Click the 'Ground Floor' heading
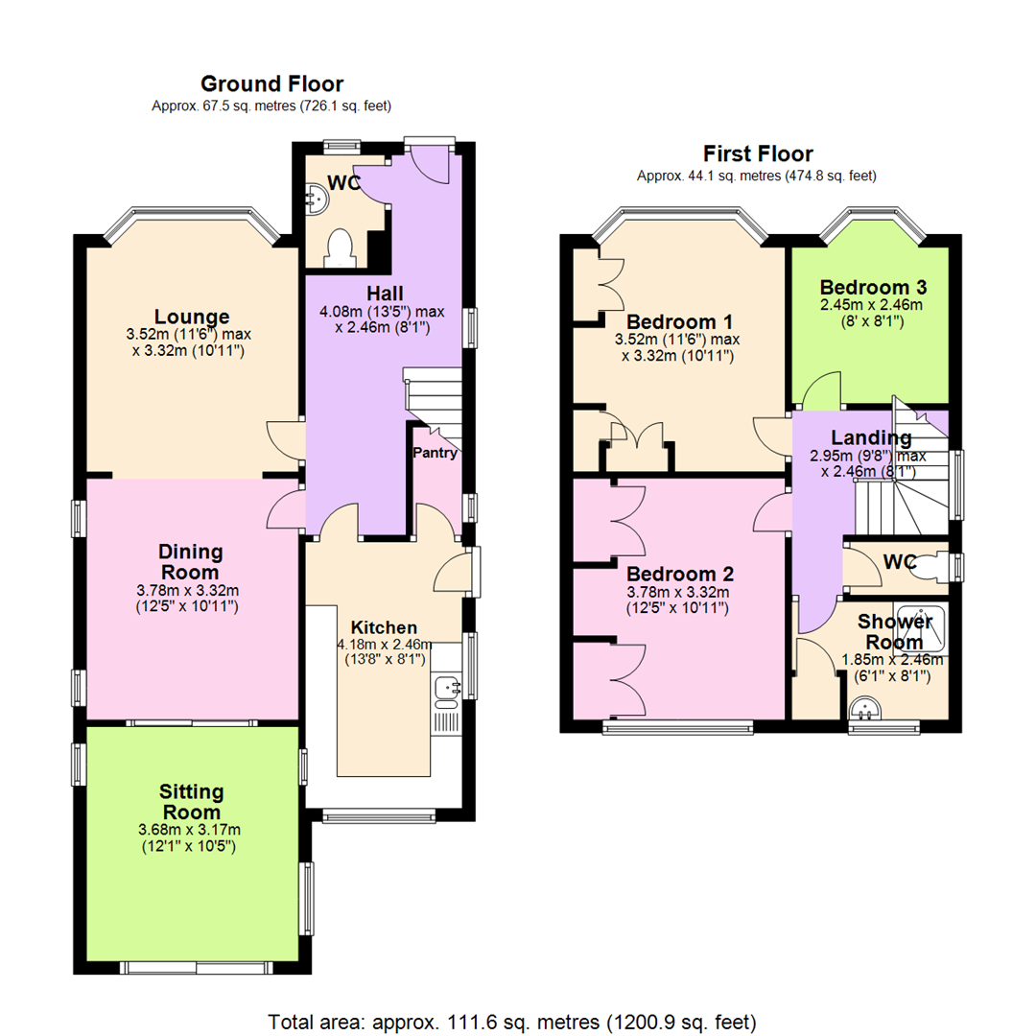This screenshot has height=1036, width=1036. pyautogui.click(x=271, y=84)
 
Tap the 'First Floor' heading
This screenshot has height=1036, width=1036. pyautogui.click(x=757, y=153)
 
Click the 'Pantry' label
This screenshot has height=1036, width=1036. pyautogui.click(x=435, y=453)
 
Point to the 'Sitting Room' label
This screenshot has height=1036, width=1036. pyautogui.click(x=192, y=802)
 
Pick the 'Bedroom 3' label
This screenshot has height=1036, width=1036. pyautogui.click(x=872, y=287)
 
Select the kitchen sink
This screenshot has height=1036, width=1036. pyautogui.click(x=446, y=688)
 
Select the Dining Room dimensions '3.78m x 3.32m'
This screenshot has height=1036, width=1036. pyautogui.click(x=192, y=591)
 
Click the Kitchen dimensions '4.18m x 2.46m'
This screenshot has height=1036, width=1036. pyautogui.click(x=384, y=645)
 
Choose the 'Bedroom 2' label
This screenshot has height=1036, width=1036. pyautogui.click(x=680, y=574)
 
